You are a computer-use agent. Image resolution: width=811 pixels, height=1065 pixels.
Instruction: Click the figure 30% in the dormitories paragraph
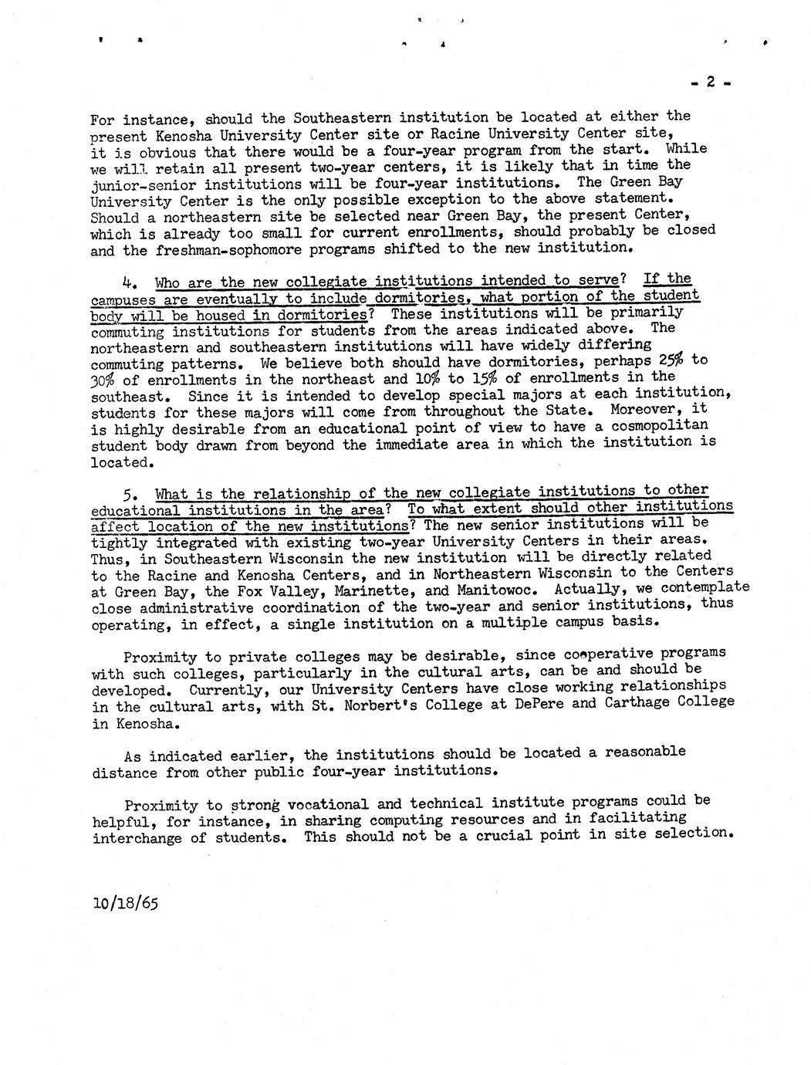(103, 380)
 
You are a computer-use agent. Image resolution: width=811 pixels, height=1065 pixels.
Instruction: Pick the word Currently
(224, 688)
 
